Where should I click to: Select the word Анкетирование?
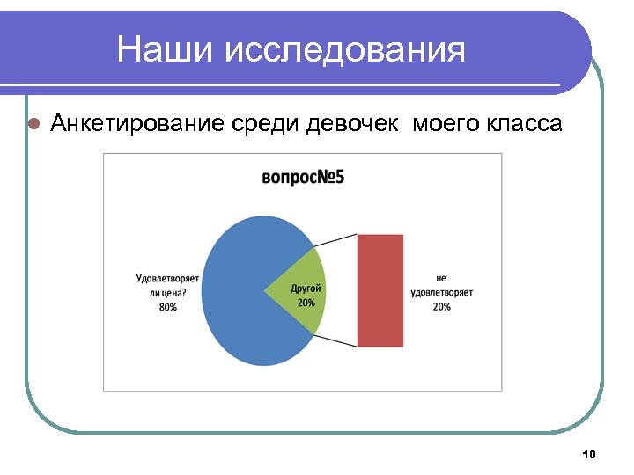pyautogui.click(x=139, y=123)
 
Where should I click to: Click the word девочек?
pyautogui.click(x=350, y=123)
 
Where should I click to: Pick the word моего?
pyautogui.click(x=445, y=123)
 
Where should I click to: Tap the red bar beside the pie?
pyautogui.click(x=380, y=290)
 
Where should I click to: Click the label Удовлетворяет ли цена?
pyautogui.click(x=167, y=285)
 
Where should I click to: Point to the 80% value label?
pyautogui.click(x=167, y=307)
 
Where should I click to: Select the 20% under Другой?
pyautogui.click(x=306, y=303)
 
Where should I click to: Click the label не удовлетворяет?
pyautogui.click(x=441, y=284)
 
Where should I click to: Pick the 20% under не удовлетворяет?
pyautogui.click(x=441, y=306)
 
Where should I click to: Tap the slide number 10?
pyautogui.click(x=589, y=454)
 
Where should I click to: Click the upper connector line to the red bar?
pyautogui.click(x=335, y=240)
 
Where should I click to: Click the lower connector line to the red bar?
pyautogui.click(x=335, y=340)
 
